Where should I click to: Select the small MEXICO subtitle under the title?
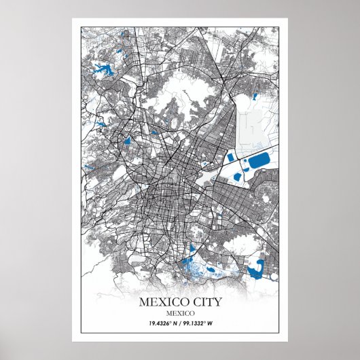(180, 312)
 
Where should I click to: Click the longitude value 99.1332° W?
(202, 323)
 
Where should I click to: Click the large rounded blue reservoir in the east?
(259, 162)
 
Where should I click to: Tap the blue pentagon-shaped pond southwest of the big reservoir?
(236, 177)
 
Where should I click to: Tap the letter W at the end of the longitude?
(221, 323)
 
